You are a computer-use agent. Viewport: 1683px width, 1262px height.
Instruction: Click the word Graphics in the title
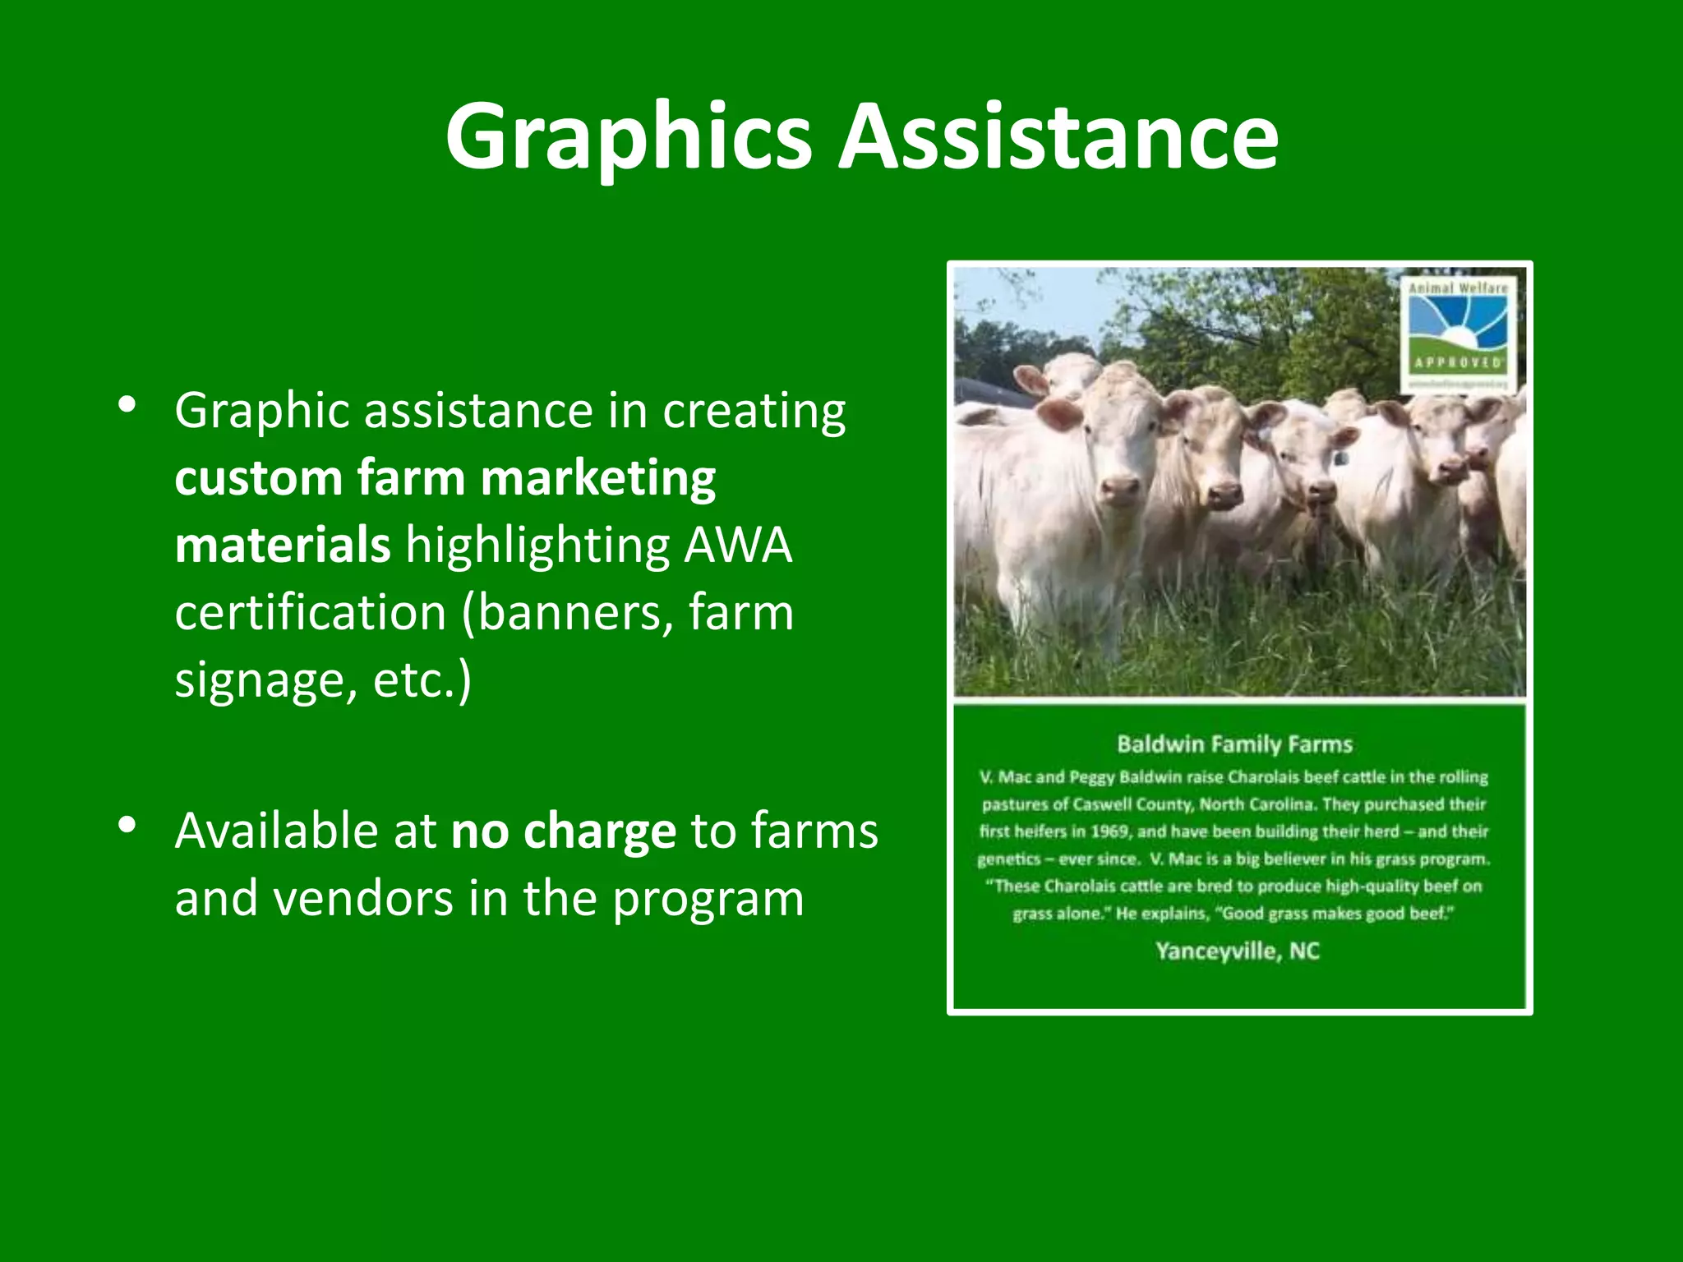point(629,138)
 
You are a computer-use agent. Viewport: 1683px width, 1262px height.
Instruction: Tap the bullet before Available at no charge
point(127,826)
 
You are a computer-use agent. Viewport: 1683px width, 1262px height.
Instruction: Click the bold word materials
point(282,546)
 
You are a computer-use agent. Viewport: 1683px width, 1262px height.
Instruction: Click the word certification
point(311,613)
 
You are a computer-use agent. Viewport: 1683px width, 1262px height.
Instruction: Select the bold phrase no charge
point(563,831)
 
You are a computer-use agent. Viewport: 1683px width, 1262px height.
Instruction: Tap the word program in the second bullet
point(708,900)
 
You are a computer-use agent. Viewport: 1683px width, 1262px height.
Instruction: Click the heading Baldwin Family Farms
point(1234,744)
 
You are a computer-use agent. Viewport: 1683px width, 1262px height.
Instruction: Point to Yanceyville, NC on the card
point(1237,951)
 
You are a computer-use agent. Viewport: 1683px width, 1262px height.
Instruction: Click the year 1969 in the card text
point(1111,831)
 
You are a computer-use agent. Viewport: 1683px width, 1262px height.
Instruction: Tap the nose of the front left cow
point(1119,491)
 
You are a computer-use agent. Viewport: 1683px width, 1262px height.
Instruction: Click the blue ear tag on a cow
point(1341,458)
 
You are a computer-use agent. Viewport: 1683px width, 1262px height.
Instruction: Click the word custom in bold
point(258,479)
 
